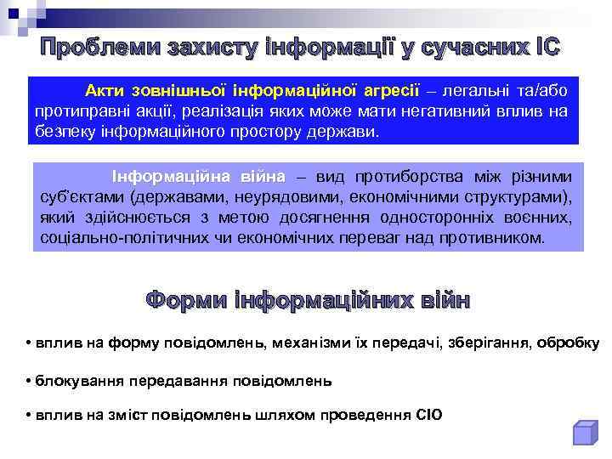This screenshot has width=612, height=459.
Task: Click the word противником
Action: pos(493,239)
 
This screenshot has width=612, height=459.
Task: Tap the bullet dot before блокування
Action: pos(29,381)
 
